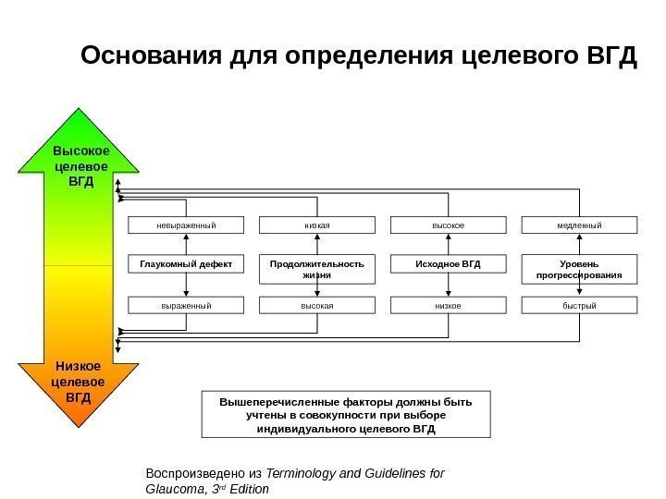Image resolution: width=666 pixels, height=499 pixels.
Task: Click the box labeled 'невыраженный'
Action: point(185,225)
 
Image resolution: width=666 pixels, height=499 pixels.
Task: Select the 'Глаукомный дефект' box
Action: point(185,265)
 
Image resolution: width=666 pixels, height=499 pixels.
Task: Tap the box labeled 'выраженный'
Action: point(185,305)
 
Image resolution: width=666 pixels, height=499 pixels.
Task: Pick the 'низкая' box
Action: point(317,225)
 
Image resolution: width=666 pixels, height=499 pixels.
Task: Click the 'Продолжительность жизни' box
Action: point(317,270)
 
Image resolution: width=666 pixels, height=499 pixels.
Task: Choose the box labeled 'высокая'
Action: point(317,305)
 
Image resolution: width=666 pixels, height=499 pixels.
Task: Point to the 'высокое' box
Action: point(449,225)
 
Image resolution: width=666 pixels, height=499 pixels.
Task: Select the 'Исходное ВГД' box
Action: point(449,265)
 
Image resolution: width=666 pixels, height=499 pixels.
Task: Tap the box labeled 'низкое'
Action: point(449,305)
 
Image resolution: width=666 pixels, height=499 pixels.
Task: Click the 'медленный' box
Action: point(580,225)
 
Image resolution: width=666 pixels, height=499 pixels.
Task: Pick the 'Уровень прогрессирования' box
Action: point(580,270)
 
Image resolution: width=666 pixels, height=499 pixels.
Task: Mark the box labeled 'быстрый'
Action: point(580,305)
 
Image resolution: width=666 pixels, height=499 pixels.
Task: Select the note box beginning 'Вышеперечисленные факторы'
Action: point(346,415)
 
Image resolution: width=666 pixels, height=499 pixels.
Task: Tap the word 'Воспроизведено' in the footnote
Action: point(191,473)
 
